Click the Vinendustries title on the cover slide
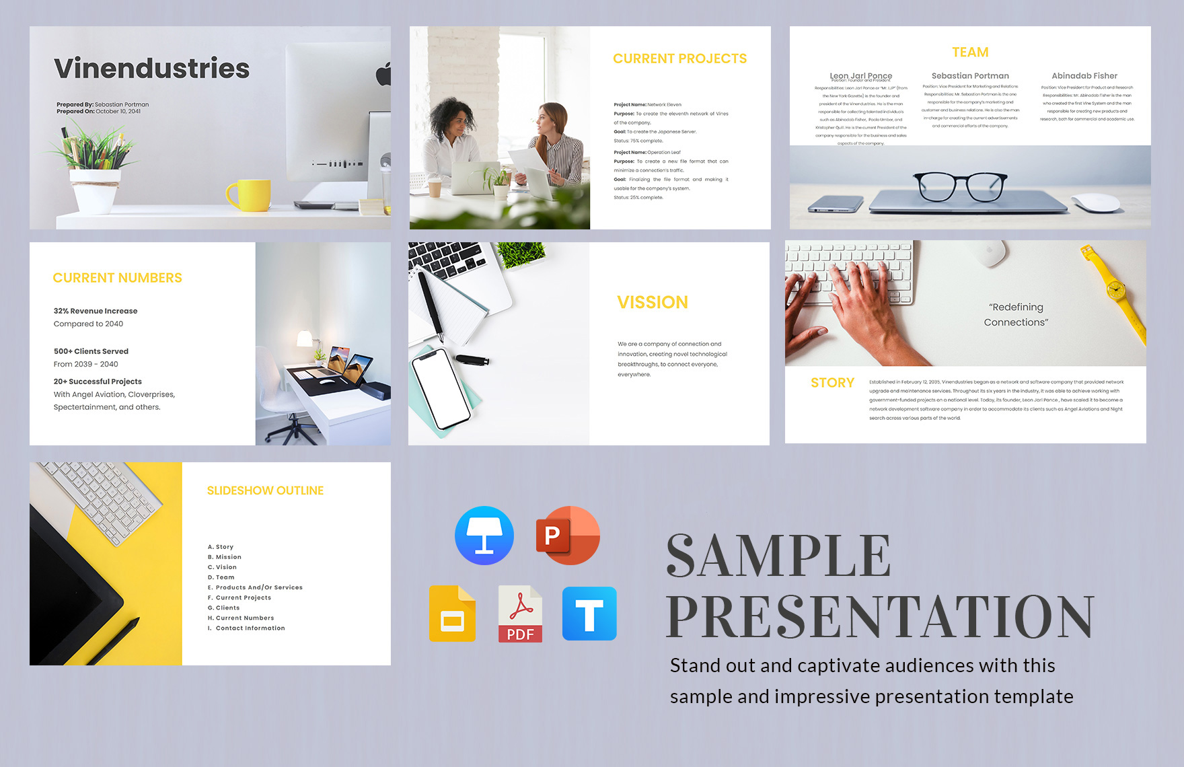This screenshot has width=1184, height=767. pos(152,69)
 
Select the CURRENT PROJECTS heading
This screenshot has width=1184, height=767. pos(679,59)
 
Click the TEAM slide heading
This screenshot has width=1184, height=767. pos(970,52)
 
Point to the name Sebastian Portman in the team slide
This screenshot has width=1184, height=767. pos(970,76)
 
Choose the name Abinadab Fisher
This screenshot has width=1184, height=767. pos(1084,76)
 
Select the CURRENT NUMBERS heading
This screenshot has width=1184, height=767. pos(118,278)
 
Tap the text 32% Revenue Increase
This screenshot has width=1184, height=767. pos(96,311)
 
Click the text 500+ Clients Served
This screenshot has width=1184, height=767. pos(91,351)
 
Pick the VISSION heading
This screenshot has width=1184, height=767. pos(653,303)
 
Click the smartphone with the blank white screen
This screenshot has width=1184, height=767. pos(441,388)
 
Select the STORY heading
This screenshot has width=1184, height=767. pos(832,383)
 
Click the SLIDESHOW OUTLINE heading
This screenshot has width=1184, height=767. pos(265,491)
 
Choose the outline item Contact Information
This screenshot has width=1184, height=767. pos(250,628)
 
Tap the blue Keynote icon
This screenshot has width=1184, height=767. pos(484,536)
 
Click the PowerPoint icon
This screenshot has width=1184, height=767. pos(567,536)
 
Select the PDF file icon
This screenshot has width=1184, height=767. pos(520,614)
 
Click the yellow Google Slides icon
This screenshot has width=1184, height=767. pos(452,614)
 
